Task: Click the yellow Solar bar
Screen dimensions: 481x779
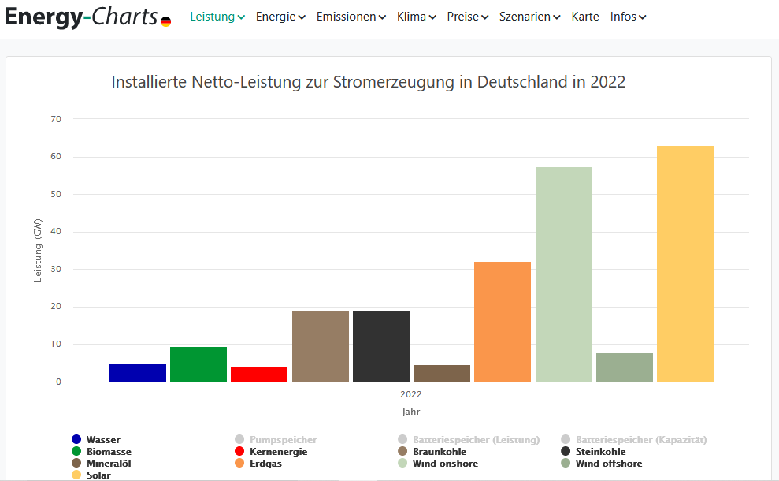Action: [x=684, y=263]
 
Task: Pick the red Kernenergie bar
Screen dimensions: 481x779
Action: [x=259, y=375]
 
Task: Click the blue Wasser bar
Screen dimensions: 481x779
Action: [x=138, y=373]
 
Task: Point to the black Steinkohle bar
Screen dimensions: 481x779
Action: [x=380, y=346]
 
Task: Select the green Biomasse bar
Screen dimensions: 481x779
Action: [x=198, y=364]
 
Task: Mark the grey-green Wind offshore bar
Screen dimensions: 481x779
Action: [x=624, y=367]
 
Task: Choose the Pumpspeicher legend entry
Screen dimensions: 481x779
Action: [x=283, y=440]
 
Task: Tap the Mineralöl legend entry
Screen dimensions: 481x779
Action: [x=108, y=464]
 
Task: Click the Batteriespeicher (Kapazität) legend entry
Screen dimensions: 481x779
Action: [x=640, y=440]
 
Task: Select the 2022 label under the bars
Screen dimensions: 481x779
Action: [x=410, y=394]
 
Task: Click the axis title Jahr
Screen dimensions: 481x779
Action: [x=410, y=412]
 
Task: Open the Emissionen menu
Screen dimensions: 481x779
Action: [x=351, y=17]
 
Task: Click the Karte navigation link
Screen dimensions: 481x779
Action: [x=584, y=17]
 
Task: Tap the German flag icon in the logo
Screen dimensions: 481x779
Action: [x=165, y=21]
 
